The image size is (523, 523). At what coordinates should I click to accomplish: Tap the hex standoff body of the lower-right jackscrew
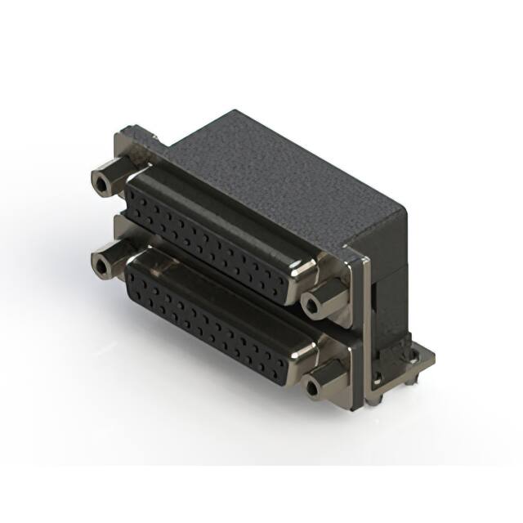[327, 378]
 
